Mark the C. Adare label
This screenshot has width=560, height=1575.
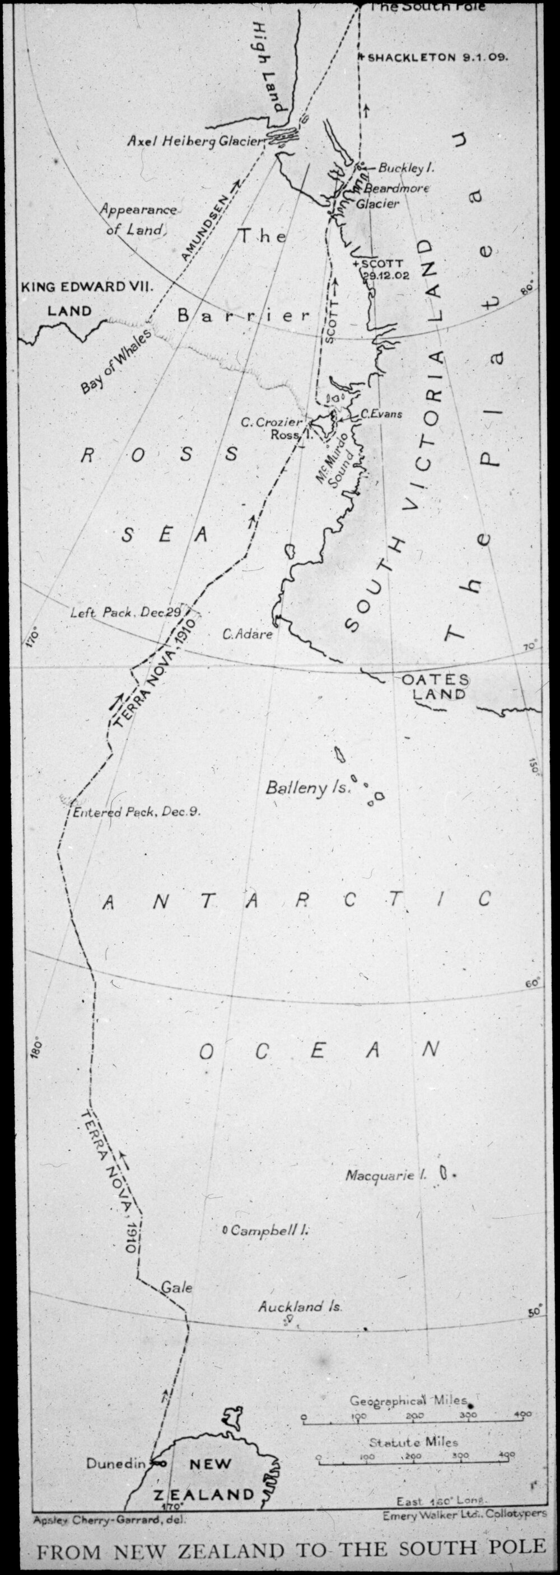click(x=248, y=634)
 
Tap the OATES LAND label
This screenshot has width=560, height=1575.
click(x=436, y=687)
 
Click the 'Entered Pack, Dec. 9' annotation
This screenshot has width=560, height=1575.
click(x=136, y=813)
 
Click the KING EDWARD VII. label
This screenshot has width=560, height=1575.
click(x=86, y=286)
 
